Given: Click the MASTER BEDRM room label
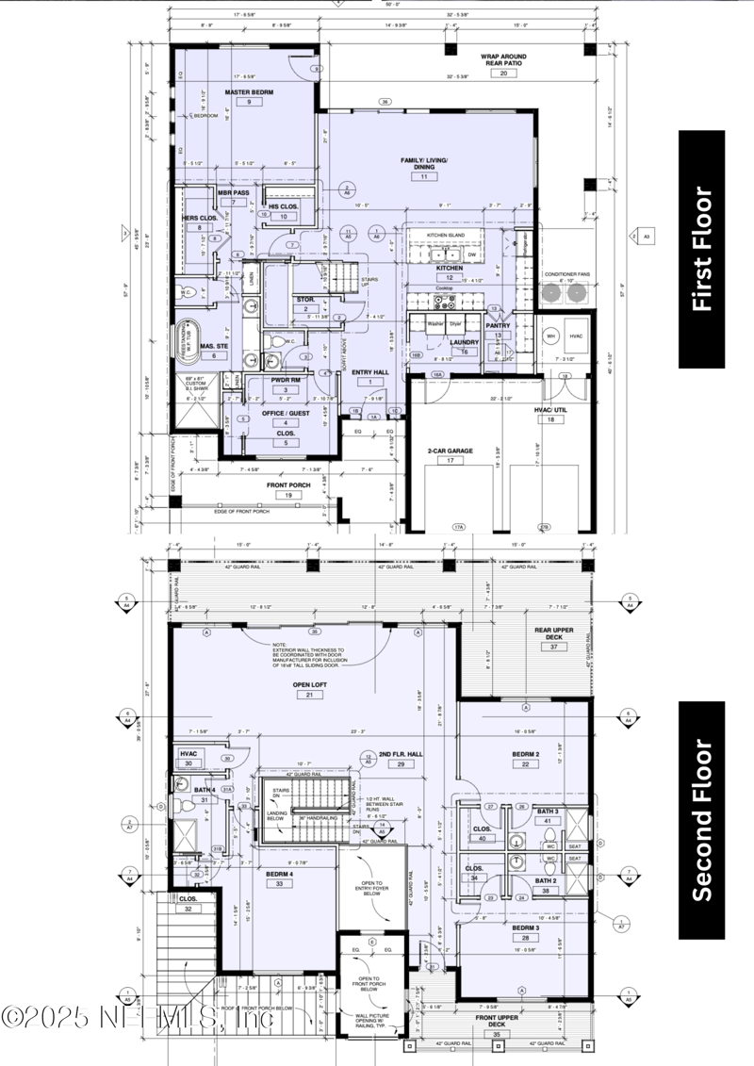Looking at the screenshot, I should point(249,91).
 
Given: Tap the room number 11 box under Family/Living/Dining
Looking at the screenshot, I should point(424,176).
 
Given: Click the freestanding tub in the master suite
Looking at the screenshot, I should point(189,336).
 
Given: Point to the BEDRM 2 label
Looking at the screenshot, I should point(525,755).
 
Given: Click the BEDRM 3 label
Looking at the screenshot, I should point(525,927).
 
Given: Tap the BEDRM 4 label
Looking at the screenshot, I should point(280,874).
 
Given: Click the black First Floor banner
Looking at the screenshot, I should point(701,249).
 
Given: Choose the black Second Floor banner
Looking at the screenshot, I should point(701,820).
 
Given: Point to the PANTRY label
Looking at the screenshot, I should point(498,325).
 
